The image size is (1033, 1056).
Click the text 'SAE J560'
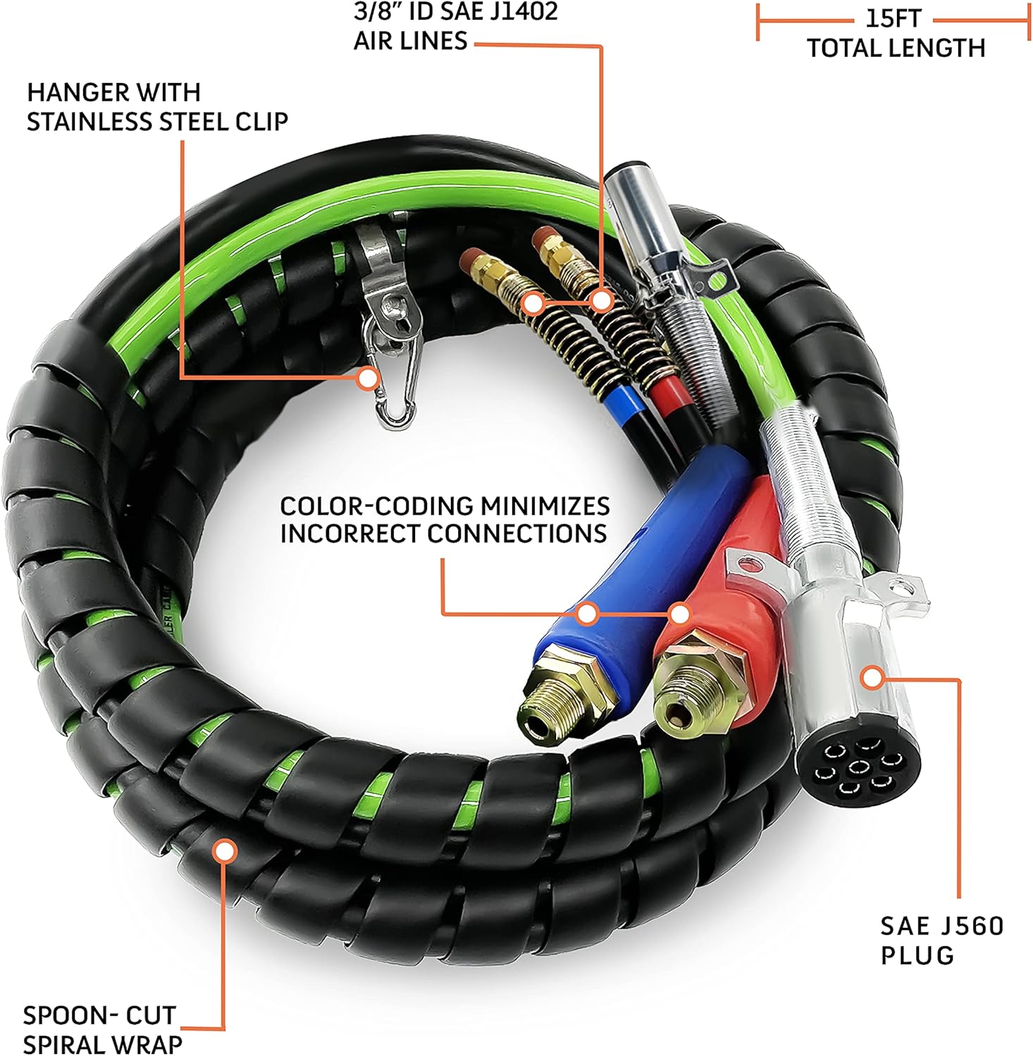tap(941, 926)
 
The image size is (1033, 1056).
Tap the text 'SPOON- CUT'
tap(99, 1015)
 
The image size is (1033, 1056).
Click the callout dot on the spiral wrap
tap(225, 851)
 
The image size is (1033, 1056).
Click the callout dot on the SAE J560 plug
tap(872, 678)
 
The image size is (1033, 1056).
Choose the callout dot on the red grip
tap(679, 614)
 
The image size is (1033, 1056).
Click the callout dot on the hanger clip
tap(366, 379)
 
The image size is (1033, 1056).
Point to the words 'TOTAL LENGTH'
tap(896, 49)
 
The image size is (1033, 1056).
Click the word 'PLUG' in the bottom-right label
tap(917, 955)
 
